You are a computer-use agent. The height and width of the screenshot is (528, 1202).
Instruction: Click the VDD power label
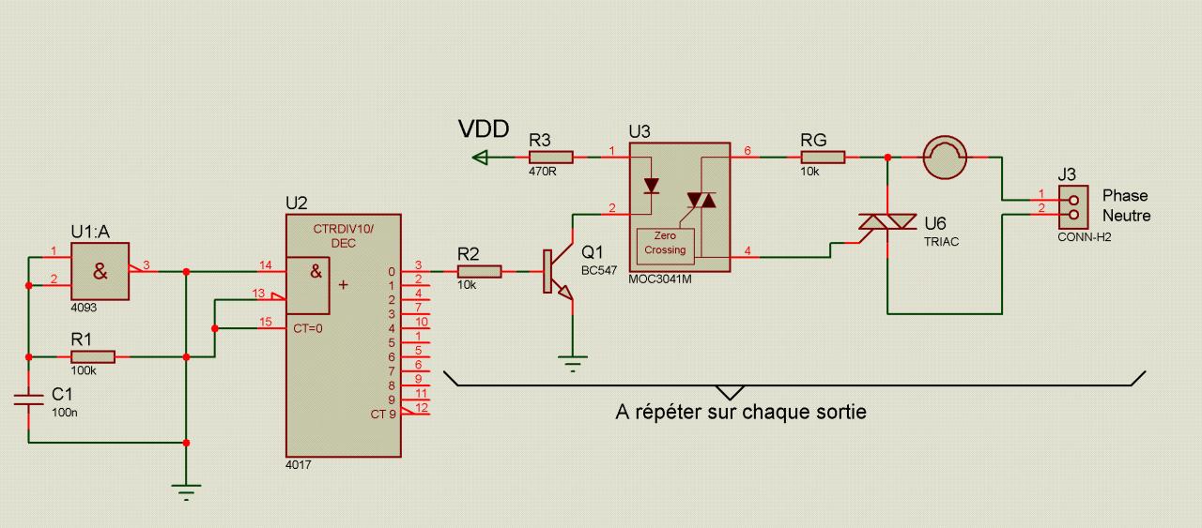[x=484, y=129]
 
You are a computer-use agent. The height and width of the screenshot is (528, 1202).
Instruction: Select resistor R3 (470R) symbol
[x=551, y=157]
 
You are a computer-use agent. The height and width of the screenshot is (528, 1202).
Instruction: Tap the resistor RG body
[x=824, y=157]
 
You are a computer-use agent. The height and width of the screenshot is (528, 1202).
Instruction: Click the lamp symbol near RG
[x=945, y=157]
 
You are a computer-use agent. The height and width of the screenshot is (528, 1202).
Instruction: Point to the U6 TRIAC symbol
[x=887, y=221]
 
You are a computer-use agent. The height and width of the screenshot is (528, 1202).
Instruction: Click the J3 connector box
[x=1073, y=207]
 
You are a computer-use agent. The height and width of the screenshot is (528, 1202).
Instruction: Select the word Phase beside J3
[x=1125, y=196]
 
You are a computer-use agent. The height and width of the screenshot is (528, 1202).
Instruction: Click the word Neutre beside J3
[x=1126, y=216]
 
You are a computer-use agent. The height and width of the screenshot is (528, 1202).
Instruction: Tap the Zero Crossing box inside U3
[x=666, y=247]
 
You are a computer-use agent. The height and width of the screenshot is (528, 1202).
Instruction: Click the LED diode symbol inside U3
[x=652, y=186]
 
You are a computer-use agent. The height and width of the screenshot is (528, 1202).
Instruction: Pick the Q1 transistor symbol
[x=558, y=271]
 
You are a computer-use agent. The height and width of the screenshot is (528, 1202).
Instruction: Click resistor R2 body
[x=480, y=272]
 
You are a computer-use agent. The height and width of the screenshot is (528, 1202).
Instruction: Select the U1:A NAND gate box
[x=100, y=271]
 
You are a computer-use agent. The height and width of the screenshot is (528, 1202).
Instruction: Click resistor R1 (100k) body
[x=93, y=357]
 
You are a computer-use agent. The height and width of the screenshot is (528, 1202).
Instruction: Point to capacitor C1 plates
[x=28, y=400]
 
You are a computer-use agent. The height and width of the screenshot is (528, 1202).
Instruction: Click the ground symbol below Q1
[x=573, y=364]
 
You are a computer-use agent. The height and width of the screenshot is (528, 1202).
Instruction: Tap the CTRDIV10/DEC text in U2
[x=343, y=235]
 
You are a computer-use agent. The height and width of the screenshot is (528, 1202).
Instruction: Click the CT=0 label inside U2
[x=307, y=328]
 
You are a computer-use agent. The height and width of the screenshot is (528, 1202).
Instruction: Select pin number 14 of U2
[x=265, y=264]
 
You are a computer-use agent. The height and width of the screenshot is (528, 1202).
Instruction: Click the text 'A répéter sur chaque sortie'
[x=741, y=412]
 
